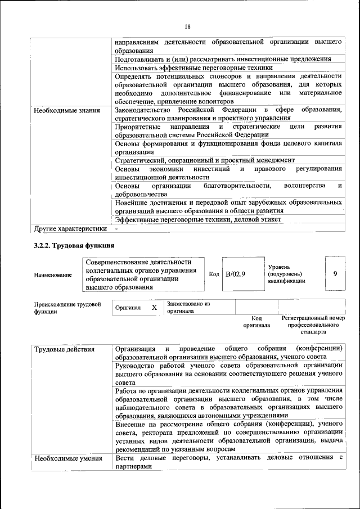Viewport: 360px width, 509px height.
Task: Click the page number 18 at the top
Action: coord(187,26)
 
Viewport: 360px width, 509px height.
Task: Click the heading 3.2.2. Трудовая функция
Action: coord(74,245)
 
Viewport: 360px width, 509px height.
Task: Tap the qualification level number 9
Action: coord(335,273)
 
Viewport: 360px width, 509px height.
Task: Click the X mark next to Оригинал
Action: coord(154,308)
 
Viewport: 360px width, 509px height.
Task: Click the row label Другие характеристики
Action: coord(70,229)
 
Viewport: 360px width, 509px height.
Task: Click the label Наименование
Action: coord(53,274)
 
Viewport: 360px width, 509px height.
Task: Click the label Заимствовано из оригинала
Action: coord(188,307)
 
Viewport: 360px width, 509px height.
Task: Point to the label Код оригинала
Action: coord(256,321)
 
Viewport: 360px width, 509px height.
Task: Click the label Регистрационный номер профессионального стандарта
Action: coord(313,325)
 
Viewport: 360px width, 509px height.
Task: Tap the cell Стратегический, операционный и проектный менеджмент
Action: coord(205,160)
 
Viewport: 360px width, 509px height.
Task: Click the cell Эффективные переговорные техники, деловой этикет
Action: coord(206,219)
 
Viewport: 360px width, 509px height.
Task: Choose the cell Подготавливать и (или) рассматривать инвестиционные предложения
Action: coord(222,59)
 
